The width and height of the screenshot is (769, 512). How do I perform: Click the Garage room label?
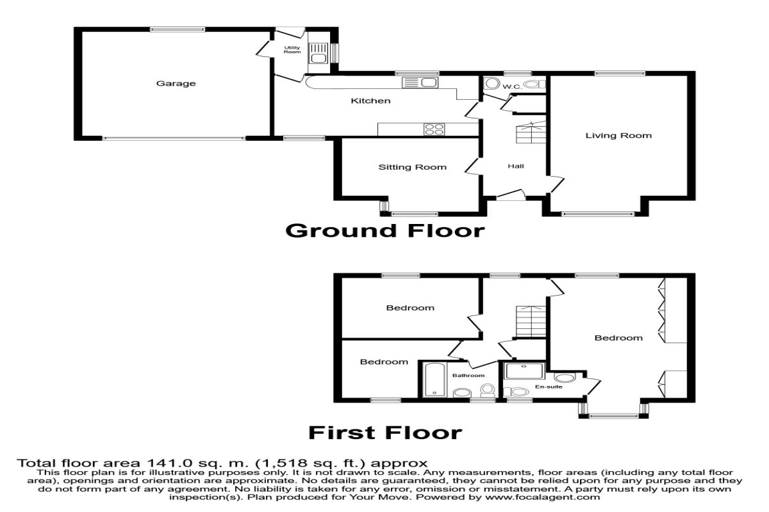(x=176, y=83)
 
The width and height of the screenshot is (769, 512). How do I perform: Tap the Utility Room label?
(x=292, y=49)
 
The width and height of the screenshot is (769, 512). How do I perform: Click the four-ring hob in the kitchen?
(x=434, y=129)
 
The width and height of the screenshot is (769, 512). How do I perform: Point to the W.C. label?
(x=510, y=86)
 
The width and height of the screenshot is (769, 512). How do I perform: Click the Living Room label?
(x=618, y=136)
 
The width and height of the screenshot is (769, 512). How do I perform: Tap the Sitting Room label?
(x=412, y=168)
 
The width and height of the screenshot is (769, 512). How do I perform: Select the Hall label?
(x=516, y=166)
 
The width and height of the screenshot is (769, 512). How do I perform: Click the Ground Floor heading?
(x=384, y=230)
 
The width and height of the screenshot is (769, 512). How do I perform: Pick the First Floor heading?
(x=384, y=433)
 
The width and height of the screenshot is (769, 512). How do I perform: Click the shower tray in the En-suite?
(x=524, y=372)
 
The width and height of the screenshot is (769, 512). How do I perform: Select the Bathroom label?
(x=468, y=376)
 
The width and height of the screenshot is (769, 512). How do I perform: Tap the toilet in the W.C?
(x=492, y=84)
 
